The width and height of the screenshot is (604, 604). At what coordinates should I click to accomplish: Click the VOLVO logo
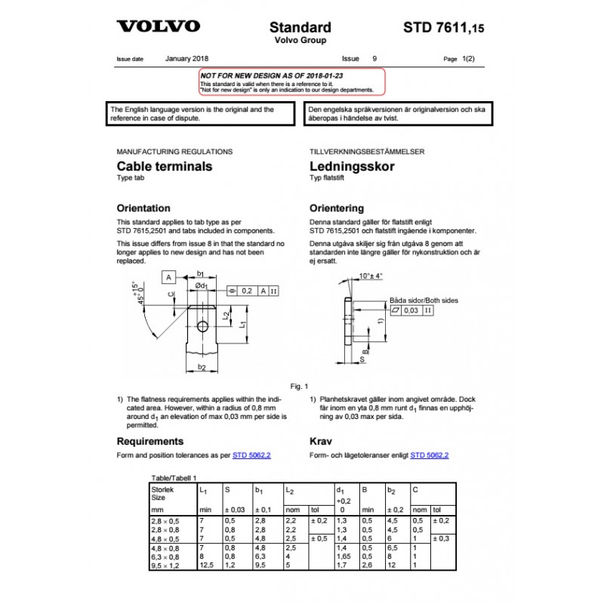(x=159, y=26)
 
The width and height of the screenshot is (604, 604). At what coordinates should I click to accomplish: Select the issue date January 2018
(x=186, y=58)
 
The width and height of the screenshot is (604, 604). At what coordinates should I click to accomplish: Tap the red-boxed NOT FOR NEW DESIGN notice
(x=291, y=82)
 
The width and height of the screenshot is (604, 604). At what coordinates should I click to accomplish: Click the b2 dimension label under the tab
(x=202, y=368)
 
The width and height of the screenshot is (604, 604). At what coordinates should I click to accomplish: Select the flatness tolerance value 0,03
(x=411, y=310)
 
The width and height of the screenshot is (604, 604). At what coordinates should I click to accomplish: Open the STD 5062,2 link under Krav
(x=430, y=455)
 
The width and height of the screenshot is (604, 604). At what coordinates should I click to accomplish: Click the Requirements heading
(x=150, y=441)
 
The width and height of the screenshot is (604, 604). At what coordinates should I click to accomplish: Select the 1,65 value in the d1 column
(x=343, y=556)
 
